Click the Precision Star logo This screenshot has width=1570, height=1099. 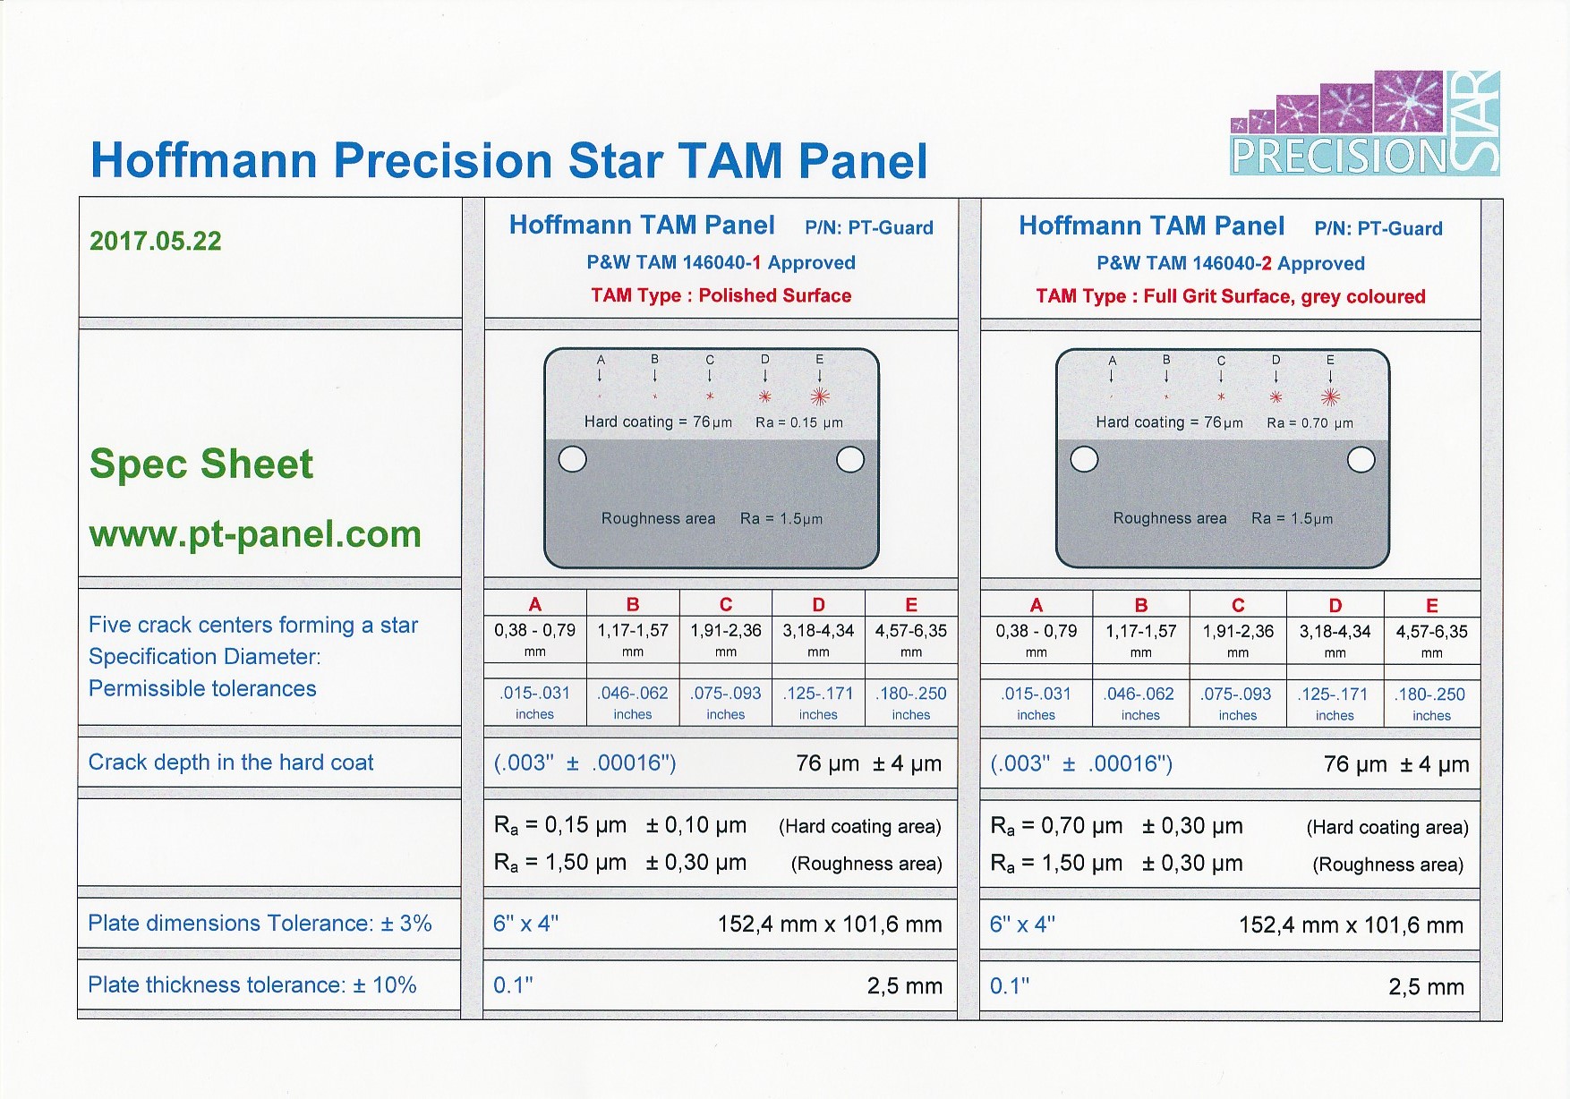(x=1365, y=123)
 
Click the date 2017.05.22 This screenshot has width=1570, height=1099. (x=156, y=241)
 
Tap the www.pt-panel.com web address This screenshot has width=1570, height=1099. (x=255, y=534)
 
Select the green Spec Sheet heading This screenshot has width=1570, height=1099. (x=201, y=464)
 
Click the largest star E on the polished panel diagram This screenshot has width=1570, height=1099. (x=820, y=396)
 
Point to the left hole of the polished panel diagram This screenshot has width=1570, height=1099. (x=573, y=459)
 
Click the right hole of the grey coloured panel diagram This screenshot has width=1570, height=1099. (x=1361, y=460)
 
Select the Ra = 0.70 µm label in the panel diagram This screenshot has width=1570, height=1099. (x=1310, y=422)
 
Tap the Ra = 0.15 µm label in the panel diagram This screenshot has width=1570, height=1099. (x=799, y=422)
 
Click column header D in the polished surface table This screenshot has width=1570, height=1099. (x=818, y=604)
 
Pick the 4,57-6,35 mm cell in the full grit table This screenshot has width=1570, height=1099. (x=1432, y=640)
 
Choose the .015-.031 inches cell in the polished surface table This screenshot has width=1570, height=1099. (x=535, y=703)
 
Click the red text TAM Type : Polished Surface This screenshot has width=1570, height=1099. (x=721, y=295)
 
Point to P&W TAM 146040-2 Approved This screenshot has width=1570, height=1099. (x=1231, y=263)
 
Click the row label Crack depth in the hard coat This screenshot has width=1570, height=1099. (x=231, y=762)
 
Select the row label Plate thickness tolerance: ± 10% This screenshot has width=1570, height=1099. (x=252, y=984)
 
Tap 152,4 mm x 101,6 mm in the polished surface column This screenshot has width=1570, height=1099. (x=830, y=924)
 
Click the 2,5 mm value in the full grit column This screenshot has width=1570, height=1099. (x=1427, y=987)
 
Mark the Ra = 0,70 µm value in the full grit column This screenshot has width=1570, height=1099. (x=1056, y=827)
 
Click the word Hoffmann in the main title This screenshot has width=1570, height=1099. (x=204, y=161)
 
